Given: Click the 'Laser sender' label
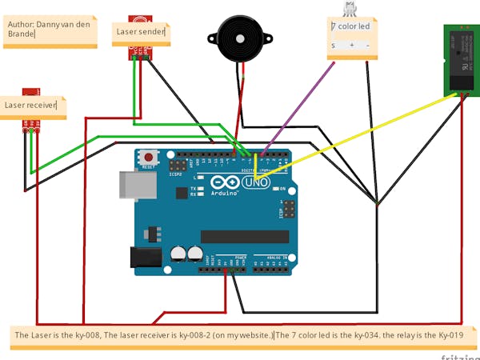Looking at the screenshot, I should pyautogui.click(x=142, y=32).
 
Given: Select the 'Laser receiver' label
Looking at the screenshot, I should pyautogui.click(x=32, y=105).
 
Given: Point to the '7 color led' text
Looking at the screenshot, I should pyautogui.click(x=351, y=26).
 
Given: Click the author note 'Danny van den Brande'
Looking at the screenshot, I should pyautogui.click(x=48, y=30).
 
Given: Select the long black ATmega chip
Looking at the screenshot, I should pyautogui.click(x=243, y=235).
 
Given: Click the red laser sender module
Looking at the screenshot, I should pyautogui.click(x=141, y=50).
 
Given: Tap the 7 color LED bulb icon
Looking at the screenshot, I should pyautogui.click(x=350, y=9).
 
